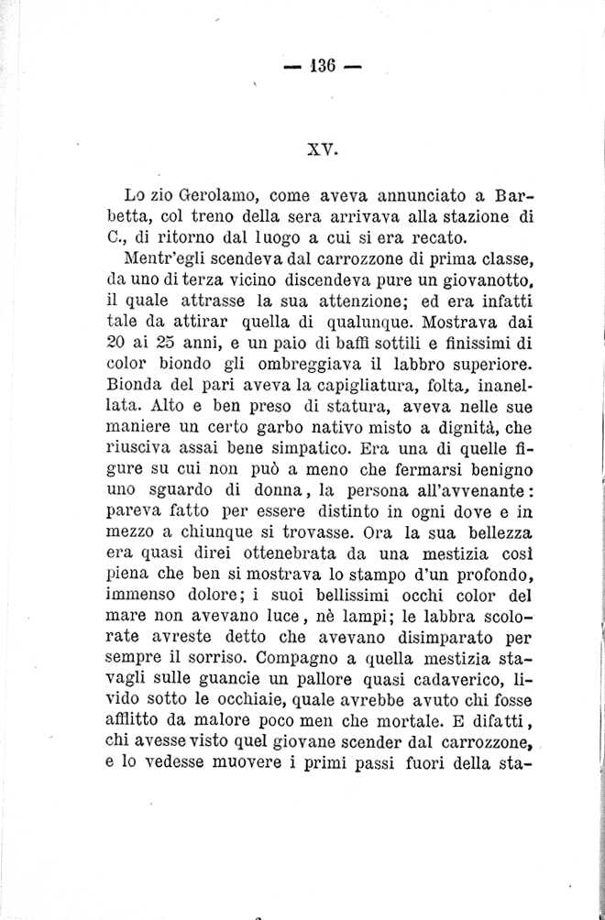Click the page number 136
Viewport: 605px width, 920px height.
coord(324,65)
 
